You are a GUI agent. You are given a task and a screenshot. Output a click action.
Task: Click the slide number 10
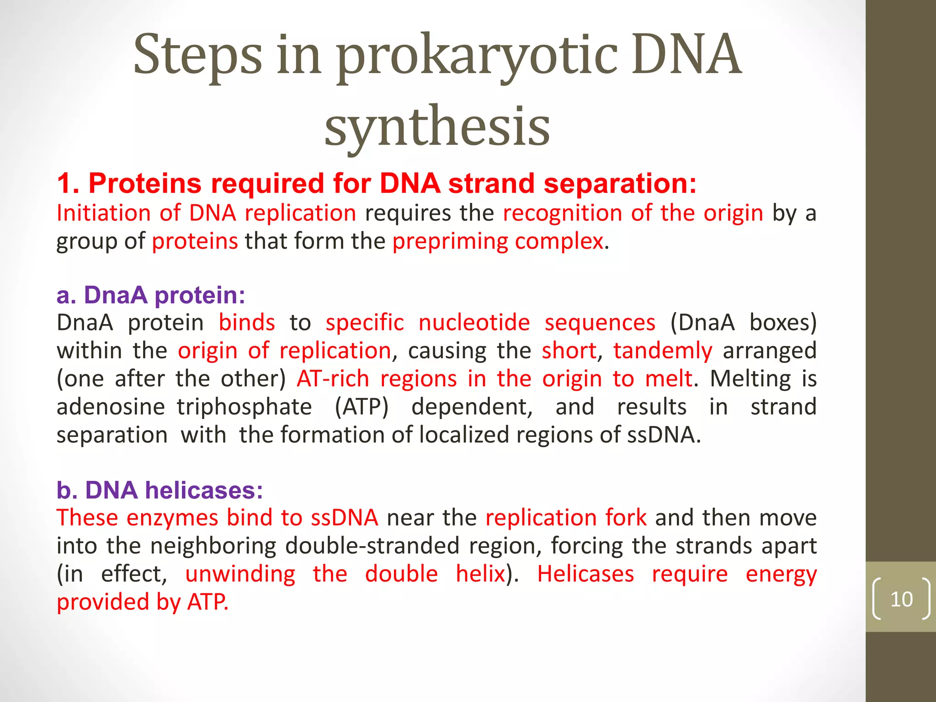click(901, 599)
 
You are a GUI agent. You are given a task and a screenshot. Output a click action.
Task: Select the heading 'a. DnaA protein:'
click(151, 295)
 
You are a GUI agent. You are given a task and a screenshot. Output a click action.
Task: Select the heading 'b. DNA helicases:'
click(160, 490)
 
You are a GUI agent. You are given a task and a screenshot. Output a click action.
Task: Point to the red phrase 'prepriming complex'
click(498, 241)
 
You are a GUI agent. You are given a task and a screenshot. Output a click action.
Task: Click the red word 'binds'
click(247, 323)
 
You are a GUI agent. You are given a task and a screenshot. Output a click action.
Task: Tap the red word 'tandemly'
click(663, 351)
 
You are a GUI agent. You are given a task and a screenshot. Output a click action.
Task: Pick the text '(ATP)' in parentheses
click(361, 407)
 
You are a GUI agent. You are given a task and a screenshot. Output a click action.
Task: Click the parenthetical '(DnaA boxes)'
click(743, 323)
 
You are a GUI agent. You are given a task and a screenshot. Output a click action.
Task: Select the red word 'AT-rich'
click(333, 379)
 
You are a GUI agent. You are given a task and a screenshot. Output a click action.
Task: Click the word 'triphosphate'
click(245, 407)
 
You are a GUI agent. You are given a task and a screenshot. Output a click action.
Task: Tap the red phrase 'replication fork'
click(566, 518)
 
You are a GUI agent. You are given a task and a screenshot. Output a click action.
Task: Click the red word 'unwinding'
click(240, 574)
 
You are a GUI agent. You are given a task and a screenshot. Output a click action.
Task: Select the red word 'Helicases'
click(585, 574)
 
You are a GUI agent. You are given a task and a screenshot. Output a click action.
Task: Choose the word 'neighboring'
click(213, 546)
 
